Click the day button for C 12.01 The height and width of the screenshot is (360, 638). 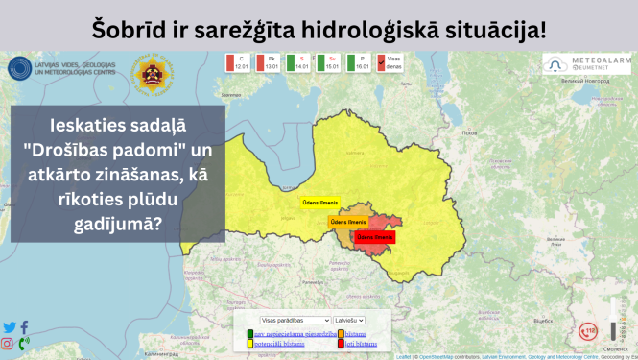237,63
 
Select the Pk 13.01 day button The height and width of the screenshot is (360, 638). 267,63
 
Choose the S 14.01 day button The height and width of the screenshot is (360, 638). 297,63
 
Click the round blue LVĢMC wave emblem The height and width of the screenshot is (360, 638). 20,70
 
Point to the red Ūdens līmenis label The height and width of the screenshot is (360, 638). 374,236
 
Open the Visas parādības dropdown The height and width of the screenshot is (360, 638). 295,320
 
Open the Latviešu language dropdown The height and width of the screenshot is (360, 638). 348,320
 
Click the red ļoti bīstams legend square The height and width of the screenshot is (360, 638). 341,343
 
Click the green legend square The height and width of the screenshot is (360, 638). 250,333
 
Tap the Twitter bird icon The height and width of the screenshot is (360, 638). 10,327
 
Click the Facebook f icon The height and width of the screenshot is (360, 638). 24,327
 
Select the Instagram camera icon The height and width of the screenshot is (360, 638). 8,344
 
